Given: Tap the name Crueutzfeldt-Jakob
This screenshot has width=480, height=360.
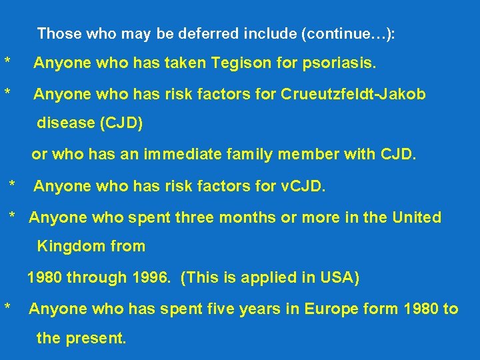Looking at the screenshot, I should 353,95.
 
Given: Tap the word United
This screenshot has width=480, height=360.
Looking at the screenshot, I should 416,217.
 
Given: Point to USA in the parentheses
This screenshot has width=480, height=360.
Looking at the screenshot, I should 337,277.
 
